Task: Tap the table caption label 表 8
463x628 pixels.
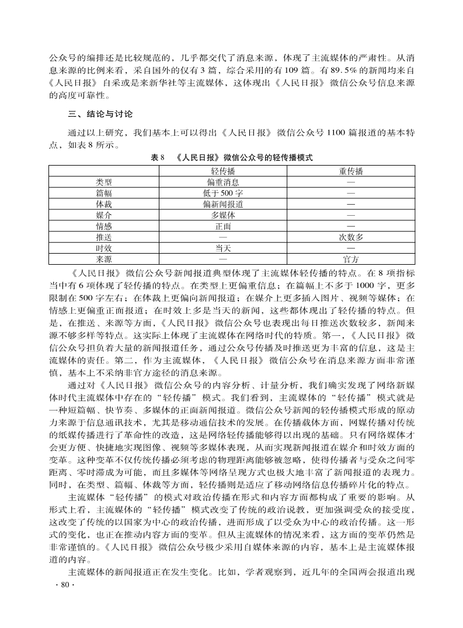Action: tap(158, 157)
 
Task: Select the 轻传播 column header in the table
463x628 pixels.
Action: tap(223, 171)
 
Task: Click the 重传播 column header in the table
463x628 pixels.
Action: tap(351, 171)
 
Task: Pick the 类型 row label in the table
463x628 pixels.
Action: tap(104, 182)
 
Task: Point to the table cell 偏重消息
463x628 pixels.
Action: tap(223, 182)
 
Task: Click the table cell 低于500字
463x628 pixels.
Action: tap(223, 193)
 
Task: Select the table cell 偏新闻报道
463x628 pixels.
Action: tap(223, 204)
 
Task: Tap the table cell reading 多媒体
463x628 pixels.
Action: tap(223, 215)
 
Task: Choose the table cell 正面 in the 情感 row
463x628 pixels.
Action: tap(223, 226)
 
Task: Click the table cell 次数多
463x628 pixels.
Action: tap(351, 237)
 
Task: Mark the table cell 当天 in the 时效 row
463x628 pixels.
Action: tap(223, 248)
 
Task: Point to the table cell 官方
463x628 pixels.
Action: tap(351, 259)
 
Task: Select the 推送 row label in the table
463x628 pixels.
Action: tap(104, 237)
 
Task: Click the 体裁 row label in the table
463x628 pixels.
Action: tap(104, 204)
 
